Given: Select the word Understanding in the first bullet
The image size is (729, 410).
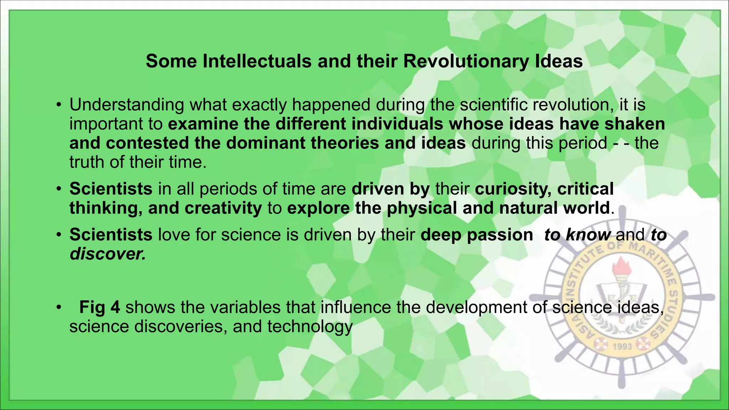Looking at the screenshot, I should [x=127, y=105].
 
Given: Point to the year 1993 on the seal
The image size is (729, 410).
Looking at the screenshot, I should [x=622, y=346].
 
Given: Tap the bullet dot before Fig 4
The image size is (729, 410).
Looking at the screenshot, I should [x=59, y=307].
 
